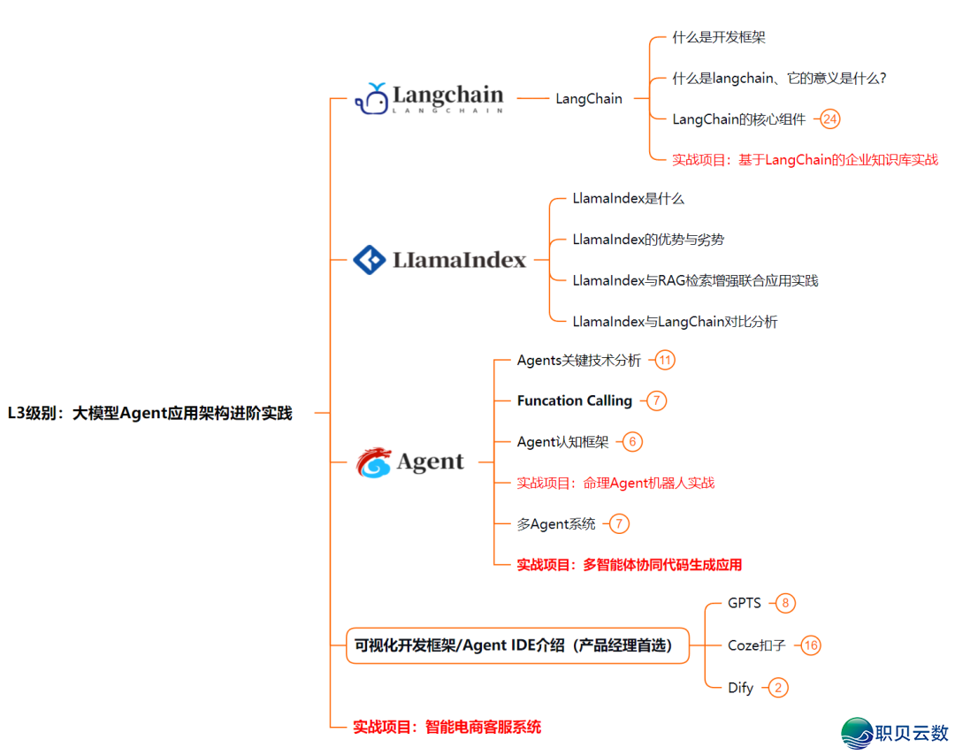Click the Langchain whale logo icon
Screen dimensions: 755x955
(371, 99)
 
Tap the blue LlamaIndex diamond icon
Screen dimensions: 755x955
(369, 260)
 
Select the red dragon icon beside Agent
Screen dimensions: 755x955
(373, 462)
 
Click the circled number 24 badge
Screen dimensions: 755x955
(829, 118)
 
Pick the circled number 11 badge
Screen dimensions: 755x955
(665, 360)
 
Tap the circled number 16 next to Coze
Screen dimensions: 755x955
(811, 645)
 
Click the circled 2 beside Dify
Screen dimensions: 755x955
(778, 687)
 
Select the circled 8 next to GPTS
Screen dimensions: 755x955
(784, 603)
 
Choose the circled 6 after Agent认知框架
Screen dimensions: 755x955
(632, 442)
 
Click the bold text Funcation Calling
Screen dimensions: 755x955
(575, 400)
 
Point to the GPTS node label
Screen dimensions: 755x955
(745, 603)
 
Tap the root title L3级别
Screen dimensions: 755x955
(149, 413)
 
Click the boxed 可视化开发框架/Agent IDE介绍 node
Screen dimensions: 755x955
(516, 645)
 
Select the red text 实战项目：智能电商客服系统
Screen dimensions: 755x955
(447, 728)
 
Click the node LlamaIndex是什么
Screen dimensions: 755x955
(628, 199)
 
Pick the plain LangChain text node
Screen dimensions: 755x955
(589, 99)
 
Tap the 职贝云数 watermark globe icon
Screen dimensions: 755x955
(856, 733)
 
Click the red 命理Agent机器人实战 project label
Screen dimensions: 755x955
(615, 483)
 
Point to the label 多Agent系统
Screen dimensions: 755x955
(556, 524)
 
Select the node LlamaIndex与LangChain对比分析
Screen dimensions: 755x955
(675, 322)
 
